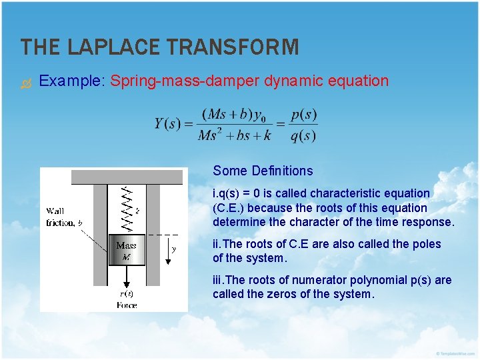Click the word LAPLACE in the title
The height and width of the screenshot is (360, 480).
pos(117,47)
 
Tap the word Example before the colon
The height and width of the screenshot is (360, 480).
pos(69,81)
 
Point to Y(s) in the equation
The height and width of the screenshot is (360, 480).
pos(167,124)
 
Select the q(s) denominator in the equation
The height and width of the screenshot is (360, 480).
pos(304,135)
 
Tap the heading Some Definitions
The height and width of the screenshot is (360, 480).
pos(263,171)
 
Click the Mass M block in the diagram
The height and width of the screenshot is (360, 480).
pos(126,251)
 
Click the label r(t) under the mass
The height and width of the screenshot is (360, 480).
pos(126,293)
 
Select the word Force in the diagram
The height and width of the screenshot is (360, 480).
pos(126,305)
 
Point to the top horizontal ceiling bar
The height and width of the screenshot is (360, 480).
pos(113,177)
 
